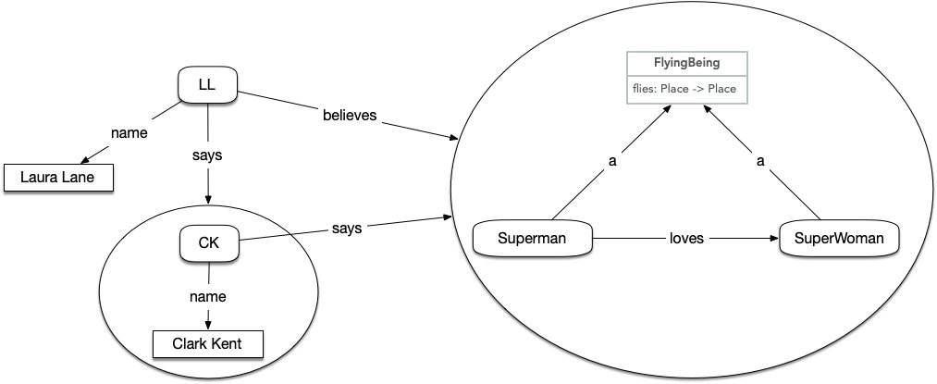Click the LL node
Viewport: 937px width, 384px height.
[x=207, y=86]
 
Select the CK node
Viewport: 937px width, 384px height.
[x=207, y=244]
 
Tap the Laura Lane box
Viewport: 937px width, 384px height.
[x=58, y=177]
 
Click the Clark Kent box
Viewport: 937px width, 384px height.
[x=207, y=345]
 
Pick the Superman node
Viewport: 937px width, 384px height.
[x=532, y=238]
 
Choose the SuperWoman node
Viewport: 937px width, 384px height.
[x=838, y=238]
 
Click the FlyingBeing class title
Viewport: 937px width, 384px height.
[x=687, y=63]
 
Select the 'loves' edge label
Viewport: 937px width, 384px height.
[x=686, y=238]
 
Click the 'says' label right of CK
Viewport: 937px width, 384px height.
[x=347, y=228]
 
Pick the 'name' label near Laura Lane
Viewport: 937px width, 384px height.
[x=129, y=133]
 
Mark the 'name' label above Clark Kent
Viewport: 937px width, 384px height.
[x=207, y=296]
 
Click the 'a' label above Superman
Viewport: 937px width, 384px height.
[x=611, y=161]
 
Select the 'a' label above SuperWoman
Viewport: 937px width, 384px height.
[x=760, y=161]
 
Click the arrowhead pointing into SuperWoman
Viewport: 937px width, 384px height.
[x=773, y=238]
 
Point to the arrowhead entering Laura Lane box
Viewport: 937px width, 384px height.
[x=86, y=162]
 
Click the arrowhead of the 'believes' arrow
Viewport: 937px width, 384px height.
[x=454, y=138]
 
